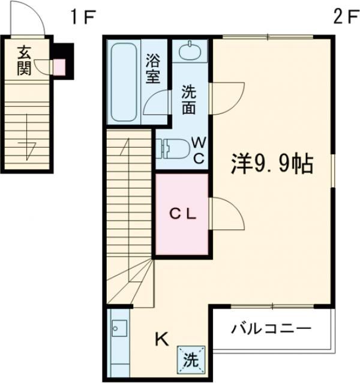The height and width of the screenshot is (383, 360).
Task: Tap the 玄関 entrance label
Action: coord(24,60)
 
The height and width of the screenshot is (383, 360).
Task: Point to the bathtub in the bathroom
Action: coord(125,81)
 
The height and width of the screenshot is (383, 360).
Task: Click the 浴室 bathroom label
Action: coord(153,68)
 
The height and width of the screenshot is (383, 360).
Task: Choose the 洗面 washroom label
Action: coord(189,101)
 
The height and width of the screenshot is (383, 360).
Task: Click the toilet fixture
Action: coord(171,147)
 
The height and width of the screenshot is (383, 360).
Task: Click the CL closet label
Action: coord(181,213)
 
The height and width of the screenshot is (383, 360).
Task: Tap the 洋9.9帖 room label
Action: coord(273,163)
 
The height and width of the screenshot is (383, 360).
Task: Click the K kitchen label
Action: coord(161,340)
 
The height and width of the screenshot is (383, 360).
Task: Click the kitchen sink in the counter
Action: coord(118,328)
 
